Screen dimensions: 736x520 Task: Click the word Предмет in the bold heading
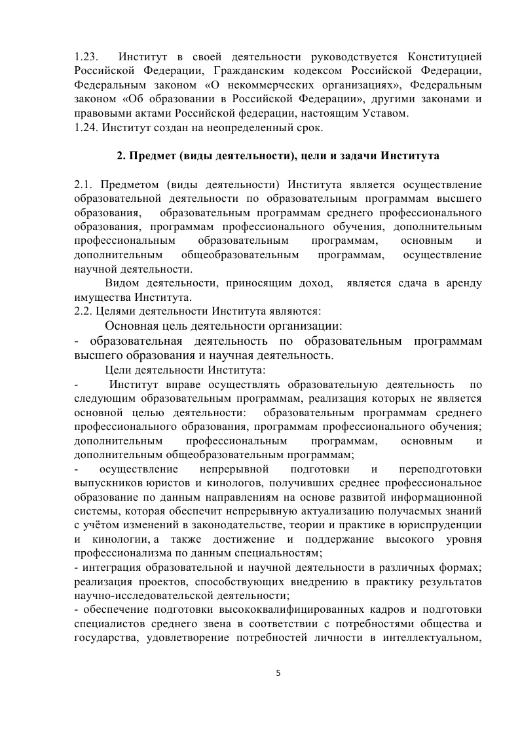tap(149, 156)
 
